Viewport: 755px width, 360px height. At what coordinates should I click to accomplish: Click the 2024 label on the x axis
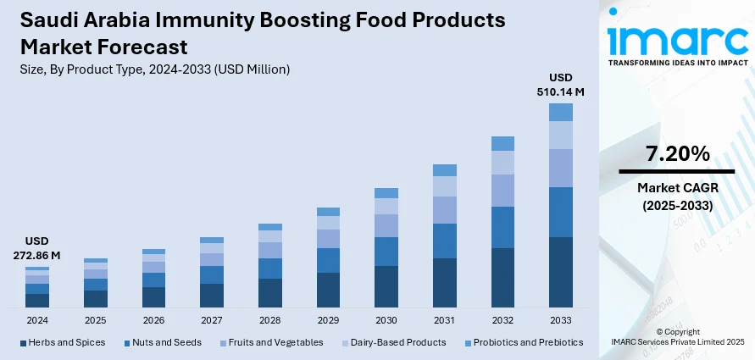[37, 321]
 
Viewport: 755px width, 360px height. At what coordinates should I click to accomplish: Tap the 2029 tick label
[328, 321]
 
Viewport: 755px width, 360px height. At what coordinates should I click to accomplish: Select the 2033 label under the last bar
[561, 321]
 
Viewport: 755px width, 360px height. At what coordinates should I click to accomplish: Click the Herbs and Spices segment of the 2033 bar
[561, 272]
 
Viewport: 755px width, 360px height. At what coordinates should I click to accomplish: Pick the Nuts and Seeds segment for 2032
[502, 227]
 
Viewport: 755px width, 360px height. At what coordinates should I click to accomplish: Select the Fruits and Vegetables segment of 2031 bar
[445, 210]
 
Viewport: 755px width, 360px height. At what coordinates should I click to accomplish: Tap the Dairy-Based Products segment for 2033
[561, 136]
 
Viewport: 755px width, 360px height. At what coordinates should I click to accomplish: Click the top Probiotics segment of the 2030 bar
[386, 193]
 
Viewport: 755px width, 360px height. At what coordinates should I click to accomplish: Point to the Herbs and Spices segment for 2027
[212, 295]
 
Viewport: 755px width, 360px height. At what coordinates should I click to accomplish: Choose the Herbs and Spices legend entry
[62, 342]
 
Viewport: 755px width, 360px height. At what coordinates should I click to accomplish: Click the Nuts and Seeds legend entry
[167, 342]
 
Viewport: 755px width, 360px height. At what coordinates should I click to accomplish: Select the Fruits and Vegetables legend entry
[275, 342]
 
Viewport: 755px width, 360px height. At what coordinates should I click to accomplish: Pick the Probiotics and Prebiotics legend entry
[525, 342]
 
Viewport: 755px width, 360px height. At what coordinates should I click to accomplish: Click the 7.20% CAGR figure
[677, 154]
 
